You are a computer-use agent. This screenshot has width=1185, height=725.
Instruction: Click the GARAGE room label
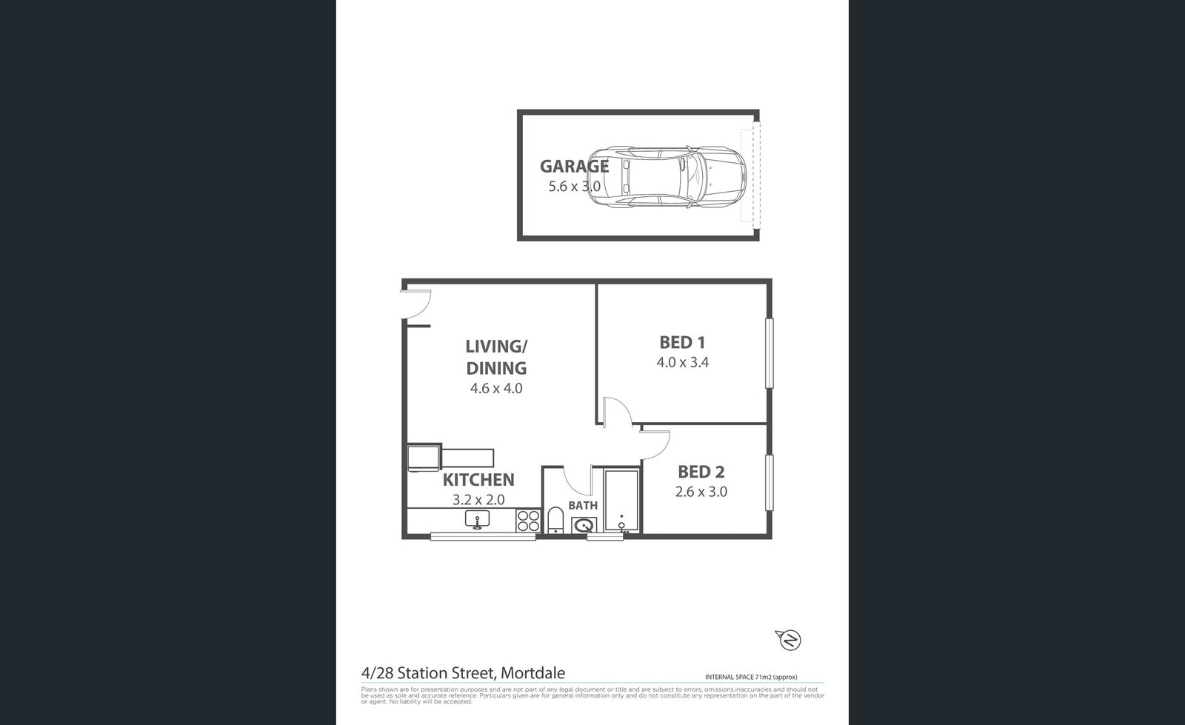[574, 166]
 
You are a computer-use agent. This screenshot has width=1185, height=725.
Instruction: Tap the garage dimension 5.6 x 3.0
[574, 187]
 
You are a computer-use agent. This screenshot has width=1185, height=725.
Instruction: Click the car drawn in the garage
[674, 177]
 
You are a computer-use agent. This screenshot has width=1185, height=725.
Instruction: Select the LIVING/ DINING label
[495, 357]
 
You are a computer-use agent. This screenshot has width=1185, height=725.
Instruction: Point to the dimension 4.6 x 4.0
[496, 388]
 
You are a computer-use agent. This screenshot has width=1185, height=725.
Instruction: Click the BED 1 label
[682, 342]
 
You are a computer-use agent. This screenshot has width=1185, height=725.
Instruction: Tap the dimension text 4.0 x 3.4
[682, 363]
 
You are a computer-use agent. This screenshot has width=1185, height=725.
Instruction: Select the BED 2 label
[701, 472]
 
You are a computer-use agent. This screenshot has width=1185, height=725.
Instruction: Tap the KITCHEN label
[478, 480]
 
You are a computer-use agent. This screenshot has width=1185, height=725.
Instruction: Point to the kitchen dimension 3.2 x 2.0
[478, 500]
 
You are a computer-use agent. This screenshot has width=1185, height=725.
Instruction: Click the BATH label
[583, 506]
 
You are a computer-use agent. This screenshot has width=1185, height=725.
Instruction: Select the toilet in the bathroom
[555, 521]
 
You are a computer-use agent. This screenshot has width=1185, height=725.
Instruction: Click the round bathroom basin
[584, 527]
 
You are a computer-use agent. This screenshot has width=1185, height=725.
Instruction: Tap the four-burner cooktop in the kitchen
[528, 521]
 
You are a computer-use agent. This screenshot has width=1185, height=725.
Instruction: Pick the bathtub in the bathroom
[621, 501]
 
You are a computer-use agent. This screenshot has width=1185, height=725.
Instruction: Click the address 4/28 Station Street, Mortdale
[463, 674]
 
